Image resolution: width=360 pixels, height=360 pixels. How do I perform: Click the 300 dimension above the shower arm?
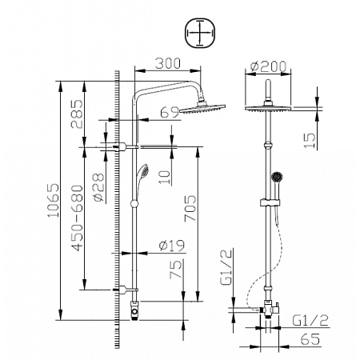pos(166,62)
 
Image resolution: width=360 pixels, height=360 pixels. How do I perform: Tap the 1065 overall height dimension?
pos(52,201)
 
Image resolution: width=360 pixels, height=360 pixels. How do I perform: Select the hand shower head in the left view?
pos(143,173)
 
